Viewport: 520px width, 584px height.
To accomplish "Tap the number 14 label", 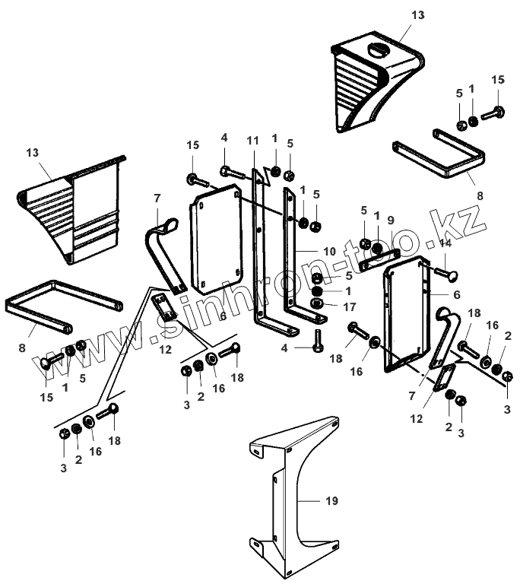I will (445, 243).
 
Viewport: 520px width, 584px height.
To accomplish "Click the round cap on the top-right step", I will (378, 52).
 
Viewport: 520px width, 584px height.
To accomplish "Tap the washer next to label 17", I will (317, 305).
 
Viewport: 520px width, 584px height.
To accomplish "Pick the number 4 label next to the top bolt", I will (224, 137).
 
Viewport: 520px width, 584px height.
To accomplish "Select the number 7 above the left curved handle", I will (157, 198).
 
